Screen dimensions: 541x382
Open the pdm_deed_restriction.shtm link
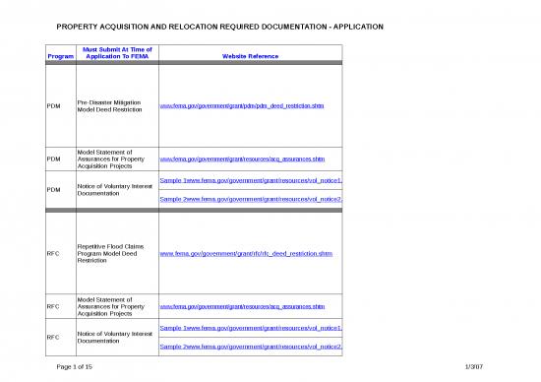(242, 105)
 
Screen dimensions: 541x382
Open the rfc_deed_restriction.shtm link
(245, 253)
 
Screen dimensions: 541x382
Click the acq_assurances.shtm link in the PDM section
(242, 158)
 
